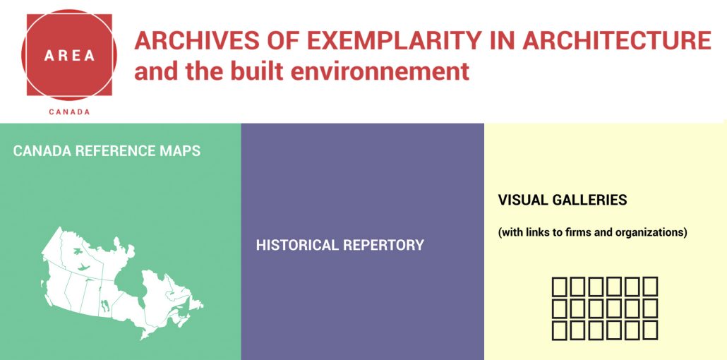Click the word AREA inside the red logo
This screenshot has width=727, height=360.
coord(70,56)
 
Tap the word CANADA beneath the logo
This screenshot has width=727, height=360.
coord(70,112)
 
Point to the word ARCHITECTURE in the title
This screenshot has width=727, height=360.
coord(617,40)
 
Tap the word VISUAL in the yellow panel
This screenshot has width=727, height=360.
coord(522,200)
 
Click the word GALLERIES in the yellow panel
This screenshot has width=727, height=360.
coord(589,200)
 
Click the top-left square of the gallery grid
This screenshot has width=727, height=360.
coord(560,287)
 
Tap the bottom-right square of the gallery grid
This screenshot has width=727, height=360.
coord(650,330)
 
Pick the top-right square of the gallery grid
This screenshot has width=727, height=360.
coord(650,287)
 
